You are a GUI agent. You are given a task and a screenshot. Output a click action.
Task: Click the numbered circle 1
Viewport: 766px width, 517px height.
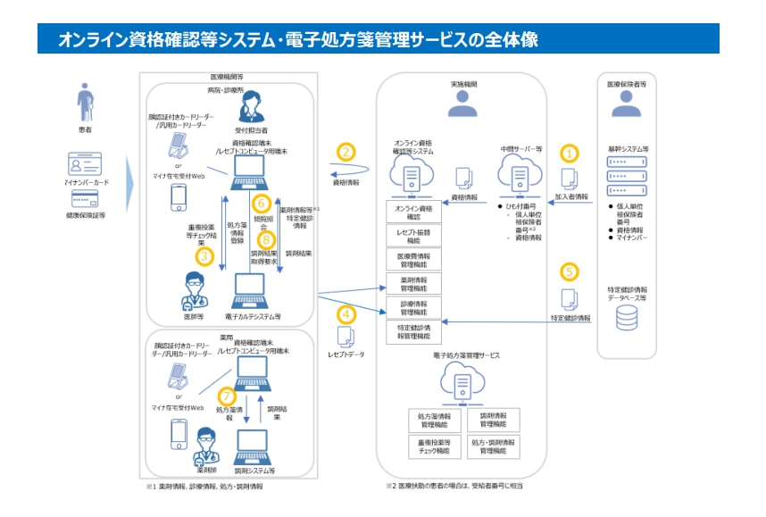570,154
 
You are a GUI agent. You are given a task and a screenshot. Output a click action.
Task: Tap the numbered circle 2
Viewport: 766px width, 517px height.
346,153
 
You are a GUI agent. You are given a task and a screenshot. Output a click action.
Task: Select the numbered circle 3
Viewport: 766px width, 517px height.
204,257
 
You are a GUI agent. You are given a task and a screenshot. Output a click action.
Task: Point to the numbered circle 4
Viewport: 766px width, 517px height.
346,314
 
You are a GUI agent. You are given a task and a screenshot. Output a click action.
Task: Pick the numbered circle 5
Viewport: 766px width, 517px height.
570,271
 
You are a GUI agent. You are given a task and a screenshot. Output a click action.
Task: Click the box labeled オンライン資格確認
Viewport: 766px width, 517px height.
412,213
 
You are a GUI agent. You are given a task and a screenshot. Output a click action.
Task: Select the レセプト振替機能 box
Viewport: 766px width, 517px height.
412,237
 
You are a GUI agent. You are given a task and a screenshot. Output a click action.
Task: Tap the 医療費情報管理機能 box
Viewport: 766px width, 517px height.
412,261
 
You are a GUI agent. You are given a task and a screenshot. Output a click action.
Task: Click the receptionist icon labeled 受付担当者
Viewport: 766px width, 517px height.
247,111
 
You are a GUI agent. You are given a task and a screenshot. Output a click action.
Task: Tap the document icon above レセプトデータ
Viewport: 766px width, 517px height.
346,338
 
